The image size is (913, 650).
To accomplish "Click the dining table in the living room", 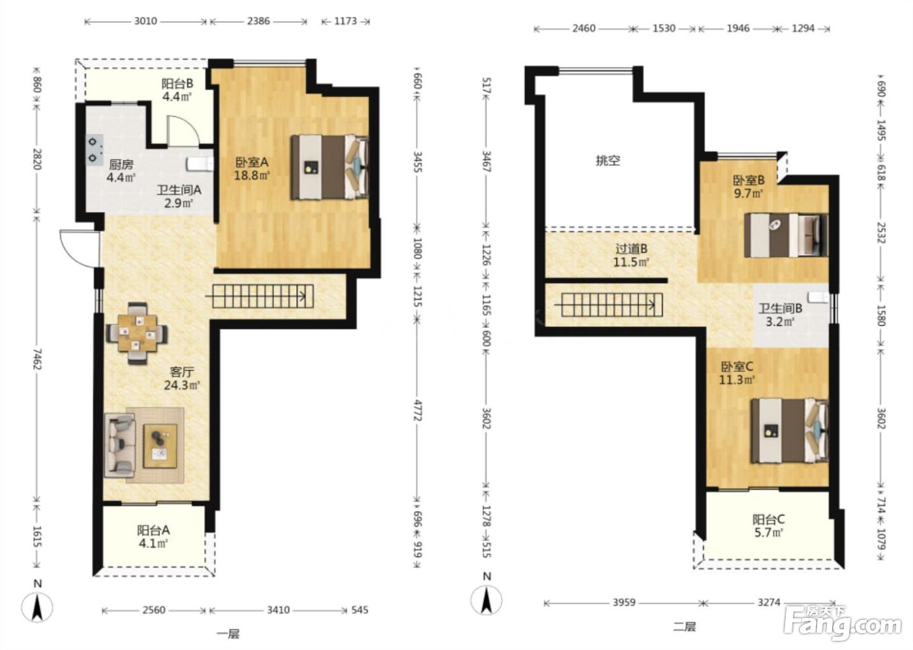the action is [x=137, y=333].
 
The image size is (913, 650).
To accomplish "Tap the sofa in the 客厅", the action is [x=120, y=445].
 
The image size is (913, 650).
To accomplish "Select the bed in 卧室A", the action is [x=330, y=167].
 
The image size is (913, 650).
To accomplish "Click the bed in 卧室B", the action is [x=786, y=236].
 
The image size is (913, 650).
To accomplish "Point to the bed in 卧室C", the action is [x=790, y=431].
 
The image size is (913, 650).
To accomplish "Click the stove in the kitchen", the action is [x=95, y=150].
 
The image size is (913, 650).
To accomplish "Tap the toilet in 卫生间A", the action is [x=200, y=164].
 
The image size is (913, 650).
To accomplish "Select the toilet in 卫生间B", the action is [x=818, y=298].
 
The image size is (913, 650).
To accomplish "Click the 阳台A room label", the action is [x=153, y=530].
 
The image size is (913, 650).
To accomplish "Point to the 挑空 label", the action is [x=608, y=161].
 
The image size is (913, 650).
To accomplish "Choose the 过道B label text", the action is [x=631, y=249].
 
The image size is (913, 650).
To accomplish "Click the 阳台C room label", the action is [x=768, y=519].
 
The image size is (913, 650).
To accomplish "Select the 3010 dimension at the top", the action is [x=145, y=21].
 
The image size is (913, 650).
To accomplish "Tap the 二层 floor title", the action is [x=684, y=627].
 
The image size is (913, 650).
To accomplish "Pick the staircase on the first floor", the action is [x=262, y=296].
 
